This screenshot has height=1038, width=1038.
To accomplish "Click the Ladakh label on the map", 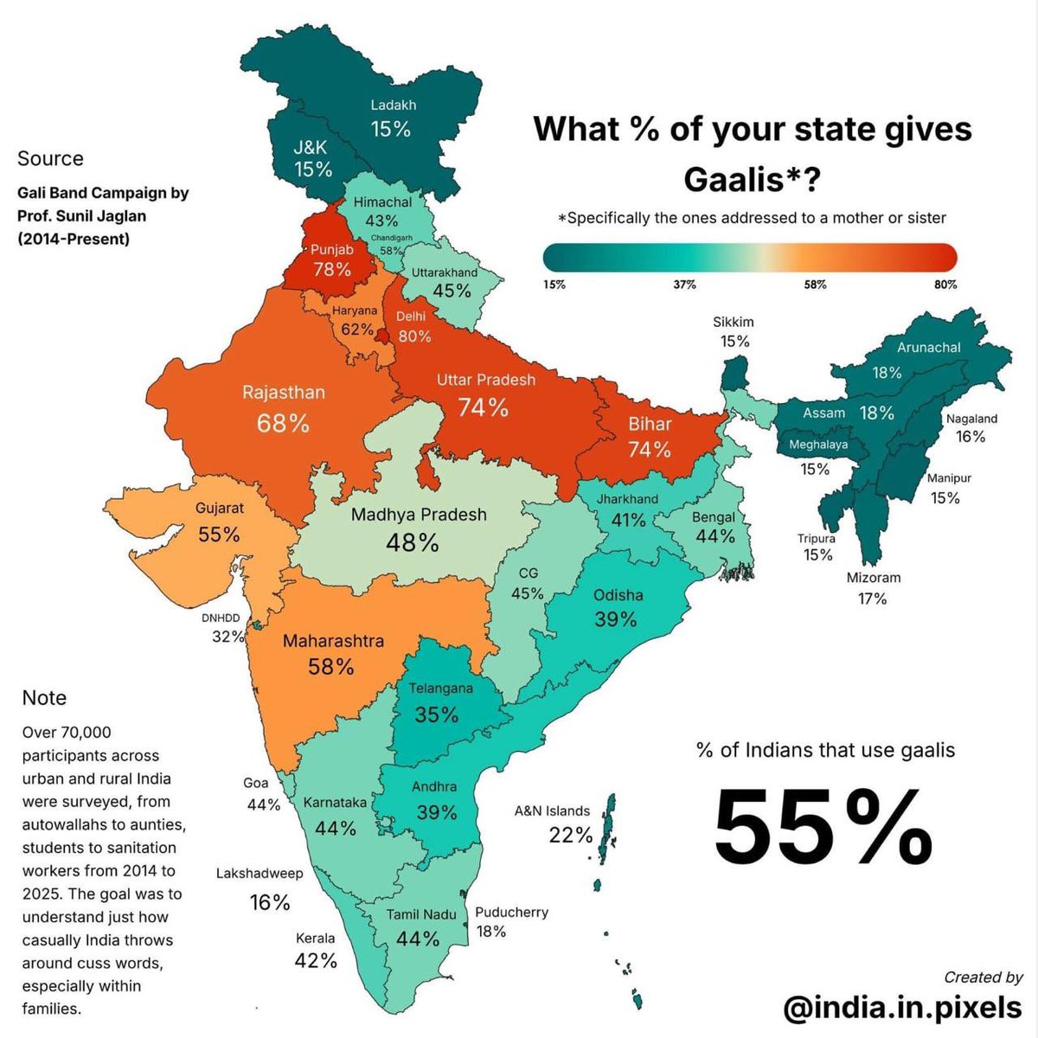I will tap(394, 105).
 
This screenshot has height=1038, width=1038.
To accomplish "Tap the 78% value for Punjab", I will tap(332, 269).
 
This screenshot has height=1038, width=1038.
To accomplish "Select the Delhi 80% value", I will tap(414, 336).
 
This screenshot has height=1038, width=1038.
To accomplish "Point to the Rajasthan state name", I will tap(284, 393).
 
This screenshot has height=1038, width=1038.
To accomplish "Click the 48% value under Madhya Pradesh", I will tap(413, 542).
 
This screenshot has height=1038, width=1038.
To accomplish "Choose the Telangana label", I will tap(441, 689).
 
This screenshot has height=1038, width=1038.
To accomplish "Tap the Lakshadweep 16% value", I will tap(270, 902).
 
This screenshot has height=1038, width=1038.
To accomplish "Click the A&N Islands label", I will tap(552, 811).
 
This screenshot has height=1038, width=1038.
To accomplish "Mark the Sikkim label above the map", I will tap(734, 322).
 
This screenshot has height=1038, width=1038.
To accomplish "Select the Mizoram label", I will tap(874, 578).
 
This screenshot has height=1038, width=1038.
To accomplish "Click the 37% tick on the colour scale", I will tap(684, 285).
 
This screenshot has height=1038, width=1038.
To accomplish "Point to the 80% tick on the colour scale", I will tap(945, 285).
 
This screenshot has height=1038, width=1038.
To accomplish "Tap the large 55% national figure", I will tap(823, 827).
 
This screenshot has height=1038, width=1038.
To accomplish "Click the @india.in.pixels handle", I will tap(902, 1008).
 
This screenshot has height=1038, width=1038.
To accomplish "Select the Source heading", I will tap(50, 158).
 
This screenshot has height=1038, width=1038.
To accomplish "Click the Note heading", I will tap(44, 698).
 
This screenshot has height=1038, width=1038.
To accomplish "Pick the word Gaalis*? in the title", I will tap(752, 180).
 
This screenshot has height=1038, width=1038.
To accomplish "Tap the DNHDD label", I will tap(221, 618).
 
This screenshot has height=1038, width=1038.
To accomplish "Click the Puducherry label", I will tap(511, 913).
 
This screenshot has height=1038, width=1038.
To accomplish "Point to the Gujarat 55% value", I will tap(219, 535).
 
